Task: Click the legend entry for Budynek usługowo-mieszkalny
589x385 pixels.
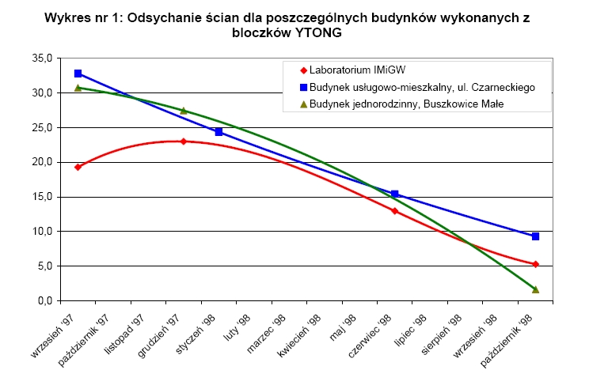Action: pos(412,86)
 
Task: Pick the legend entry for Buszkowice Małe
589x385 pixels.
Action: pos(403,104)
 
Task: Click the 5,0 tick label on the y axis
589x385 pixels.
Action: pos(44,266)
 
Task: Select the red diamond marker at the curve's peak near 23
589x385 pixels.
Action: pos(183,142)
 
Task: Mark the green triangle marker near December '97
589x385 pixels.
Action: pos(183,111)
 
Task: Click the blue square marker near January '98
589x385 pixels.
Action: pos(218,132)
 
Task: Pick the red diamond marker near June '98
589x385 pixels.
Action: pos(395,211)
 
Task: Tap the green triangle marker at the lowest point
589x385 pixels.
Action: pos(536,289)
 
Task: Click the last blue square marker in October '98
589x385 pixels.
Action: pos(536,236)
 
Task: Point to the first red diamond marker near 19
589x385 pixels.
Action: pos(78,167)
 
